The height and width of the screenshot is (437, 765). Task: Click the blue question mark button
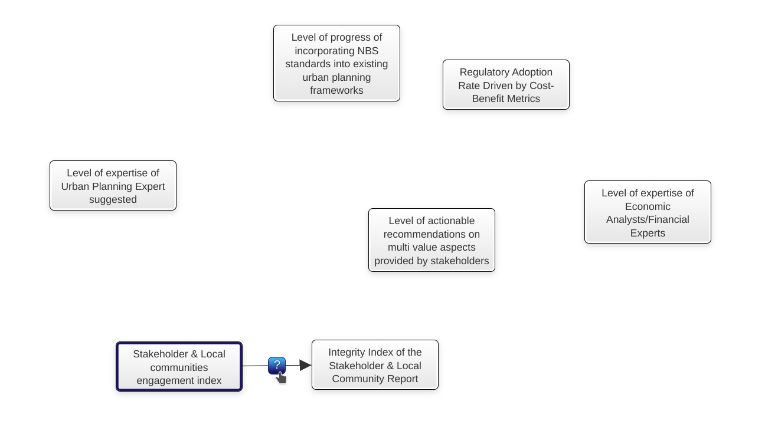click(x=277, y=365)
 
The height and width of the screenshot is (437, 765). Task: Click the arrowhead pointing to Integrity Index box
click(x=305, y=365)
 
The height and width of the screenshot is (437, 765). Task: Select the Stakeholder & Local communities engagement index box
click(x=179, y=367)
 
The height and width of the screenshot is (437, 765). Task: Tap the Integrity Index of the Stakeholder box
click(x=375, y=365)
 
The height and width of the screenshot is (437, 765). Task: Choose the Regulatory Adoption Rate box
click(x=506, y=85)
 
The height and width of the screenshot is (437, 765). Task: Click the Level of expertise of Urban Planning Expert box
click(x=113, y=186)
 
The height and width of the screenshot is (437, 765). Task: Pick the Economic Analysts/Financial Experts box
click(x=648, y=212)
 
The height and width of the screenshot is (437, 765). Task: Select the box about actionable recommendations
click(x=431, y=240)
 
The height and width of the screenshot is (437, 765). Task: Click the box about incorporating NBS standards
click(x=336, y=64)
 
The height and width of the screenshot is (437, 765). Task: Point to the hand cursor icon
click(x=282, y=378)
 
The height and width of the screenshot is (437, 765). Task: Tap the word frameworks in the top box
click(x=336, y=90)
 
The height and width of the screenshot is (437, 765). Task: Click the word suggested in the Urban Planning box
click(x=113, y=199)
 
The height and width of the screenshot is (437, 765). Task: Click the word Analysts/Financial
click(x=648, y=219)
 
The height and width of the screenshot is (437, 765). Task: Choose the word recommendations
click(x=431, y=234)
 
